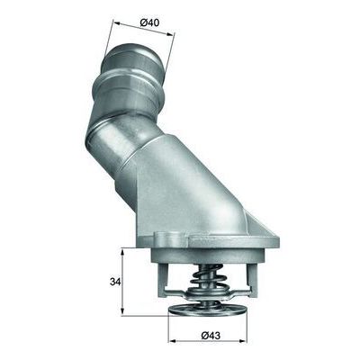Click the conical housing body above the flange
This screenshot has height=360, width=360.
coord(193,180)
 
